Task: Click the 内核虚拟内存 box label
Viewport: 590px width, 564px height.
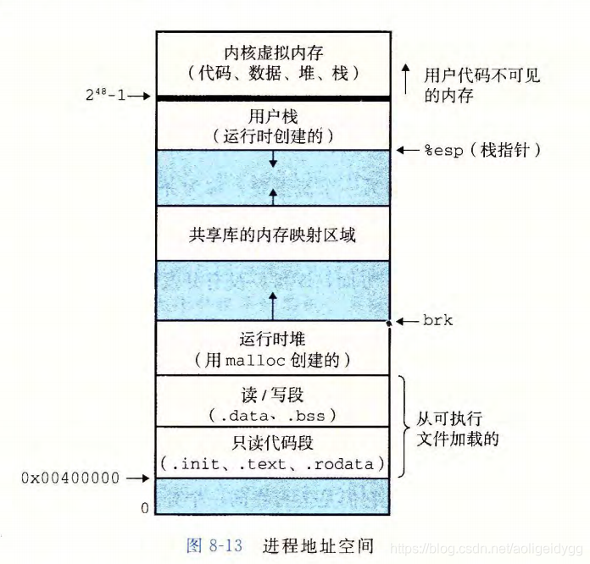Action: coord(272,51)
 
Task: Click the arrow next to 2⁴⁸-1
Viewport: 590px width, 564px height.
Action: coord(141,97)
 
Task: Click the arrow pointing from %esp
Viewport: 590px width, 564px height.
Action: coord(408,150)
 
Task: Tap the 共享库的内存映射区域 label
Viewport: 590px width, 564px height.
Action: coord(272,235)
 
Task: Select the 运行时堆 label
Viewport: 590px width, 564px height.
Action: coord(272,341)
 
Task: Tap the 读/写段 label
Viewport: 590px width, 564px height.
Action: coord(272,395)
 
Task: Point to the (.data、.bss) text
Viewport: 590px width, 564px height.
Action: coord(272,415)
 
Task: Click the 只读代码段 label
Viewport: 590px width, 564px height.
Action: coord(272,443)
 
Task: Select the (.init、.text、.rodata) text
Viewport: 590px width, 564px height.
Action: coord(272,463)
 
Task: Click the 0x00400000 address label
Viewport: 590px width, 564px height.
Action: coord(71,478)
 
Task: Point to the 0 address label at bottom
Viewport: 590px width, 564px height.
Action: coord(144,508)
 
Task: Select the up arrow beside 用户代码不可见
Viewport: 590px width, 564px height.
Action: coord(407,75)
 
